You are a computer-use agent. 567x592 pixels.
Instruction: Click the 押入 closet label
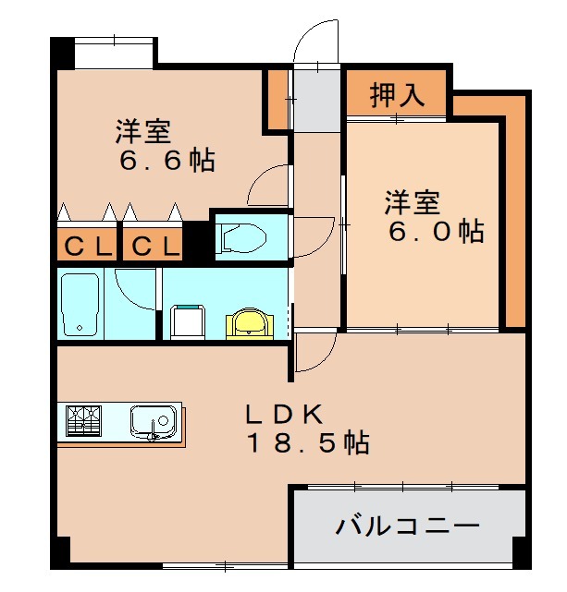point(397,94)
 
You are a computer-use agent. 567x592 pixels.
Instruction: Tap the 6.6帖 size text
point(166,160)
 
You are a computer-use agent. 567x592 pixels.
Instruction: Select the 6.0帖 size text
point(436,231)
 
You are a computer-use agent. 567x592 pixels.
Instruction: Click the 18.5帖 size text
point(307,443)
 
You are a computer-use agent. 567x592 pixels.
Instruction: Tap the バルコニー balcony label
point(408,528)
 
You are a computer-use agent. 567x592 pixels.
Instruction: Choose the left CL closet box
point(89,247)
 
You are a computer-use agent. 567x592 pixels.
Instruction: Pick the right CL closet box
point(154,247)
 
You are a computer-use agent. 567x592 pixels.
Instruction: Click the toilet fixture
point(242,237)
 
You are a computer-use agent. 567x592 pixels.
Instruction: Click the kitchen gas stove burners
point(83,421)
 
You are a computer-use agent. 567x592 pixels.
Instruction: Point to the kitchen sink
point(150,422)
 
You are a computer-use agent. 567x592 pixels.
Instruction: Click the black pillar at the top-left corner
point(61,51)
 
